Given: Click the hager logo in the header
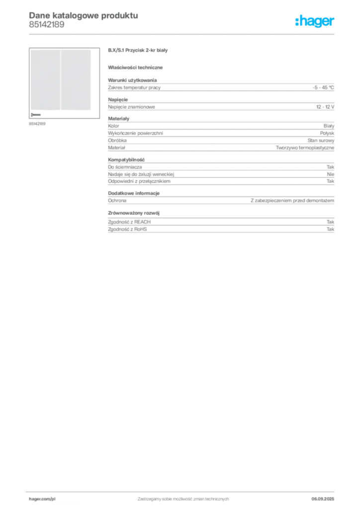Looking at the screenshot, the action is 315,21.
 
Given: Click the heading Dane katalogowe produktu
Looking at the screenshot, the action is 84,15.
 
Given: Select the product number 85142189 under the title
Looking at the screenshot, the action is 46,25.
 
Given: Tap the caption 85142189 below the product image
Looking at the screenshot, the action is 37,124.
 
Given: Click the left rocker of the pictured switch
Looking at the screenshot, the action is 45,80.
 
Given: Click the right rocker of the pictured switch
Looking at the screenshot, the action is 76,80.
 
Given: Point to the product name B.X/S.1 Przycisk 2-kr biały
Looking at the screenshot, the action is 138,50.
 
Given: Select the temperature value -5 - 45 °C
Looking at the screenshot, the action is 323,87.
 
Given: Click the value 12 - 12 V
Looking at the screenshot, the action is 325,107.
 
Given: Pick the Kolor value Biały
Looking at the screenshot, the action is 329,126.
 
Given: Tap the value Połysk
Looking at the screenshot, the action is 327,133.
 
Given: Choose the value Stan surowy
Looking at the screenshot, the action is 321,140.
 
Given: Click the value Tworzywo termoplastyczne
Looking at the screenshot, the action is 305,148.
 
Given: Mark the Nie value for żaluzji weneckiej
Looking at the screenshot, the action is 331,174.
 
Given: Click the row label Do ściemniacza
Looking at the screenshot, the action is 125,167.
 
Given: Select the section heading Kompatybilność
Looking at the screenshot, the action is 126,160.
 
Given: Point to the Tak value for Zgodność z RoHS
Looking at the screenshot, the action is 330,229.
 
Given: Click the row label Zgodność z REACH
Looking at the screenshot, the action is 129,222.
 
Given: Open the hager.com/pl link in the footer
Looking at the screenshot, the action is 42,499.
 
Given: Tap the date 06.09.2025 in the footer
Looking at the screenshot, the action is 323,499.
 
